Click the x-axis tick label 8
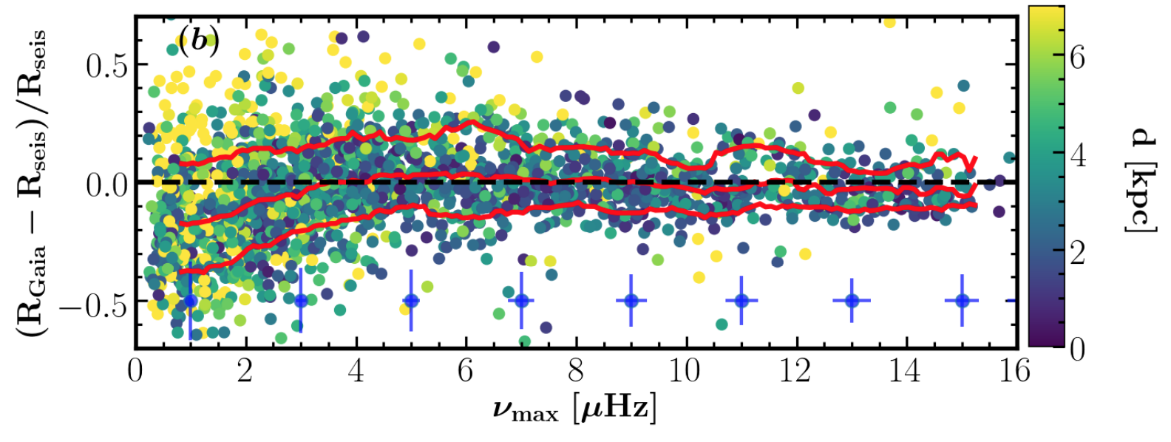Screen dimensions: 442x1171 pos(575,370)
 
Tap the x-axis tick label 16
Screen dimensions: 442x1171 pos(1014,370)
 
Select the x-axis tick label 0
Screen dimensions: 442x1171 pos(136,370)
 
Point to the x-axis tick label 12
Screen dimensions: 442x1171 pos(795,370)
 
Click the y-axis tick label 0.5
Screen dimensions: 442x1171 pos(106,65)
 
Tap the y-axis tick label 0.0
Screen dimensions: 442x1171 pos(106,184)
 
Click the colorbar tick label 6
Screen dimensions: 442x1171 pos(1078,57)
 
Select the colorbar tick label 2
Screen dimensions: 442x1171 pos(1078,252)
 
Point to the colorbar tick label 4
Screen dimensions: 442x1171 pos(1078,155)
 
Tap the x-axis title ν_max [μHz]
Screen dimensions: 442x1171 pos(574,409)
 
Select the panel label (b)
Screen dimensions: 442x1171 pos(199,41)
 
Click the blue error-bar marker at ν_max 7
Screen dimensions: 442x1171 pos(521,301)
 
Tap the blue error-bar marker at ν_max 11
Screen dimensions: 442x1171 pos(741,301)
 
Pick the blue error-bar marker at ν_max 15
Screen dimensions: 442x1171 pos(962,301)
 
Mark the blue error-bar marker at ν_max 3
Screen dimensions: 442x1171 pos(301,301)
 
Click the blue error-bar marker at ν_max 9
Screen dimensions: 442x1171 pos(631,301)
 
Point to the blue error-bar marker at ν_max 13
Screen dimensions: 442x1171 pos(852,301)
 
